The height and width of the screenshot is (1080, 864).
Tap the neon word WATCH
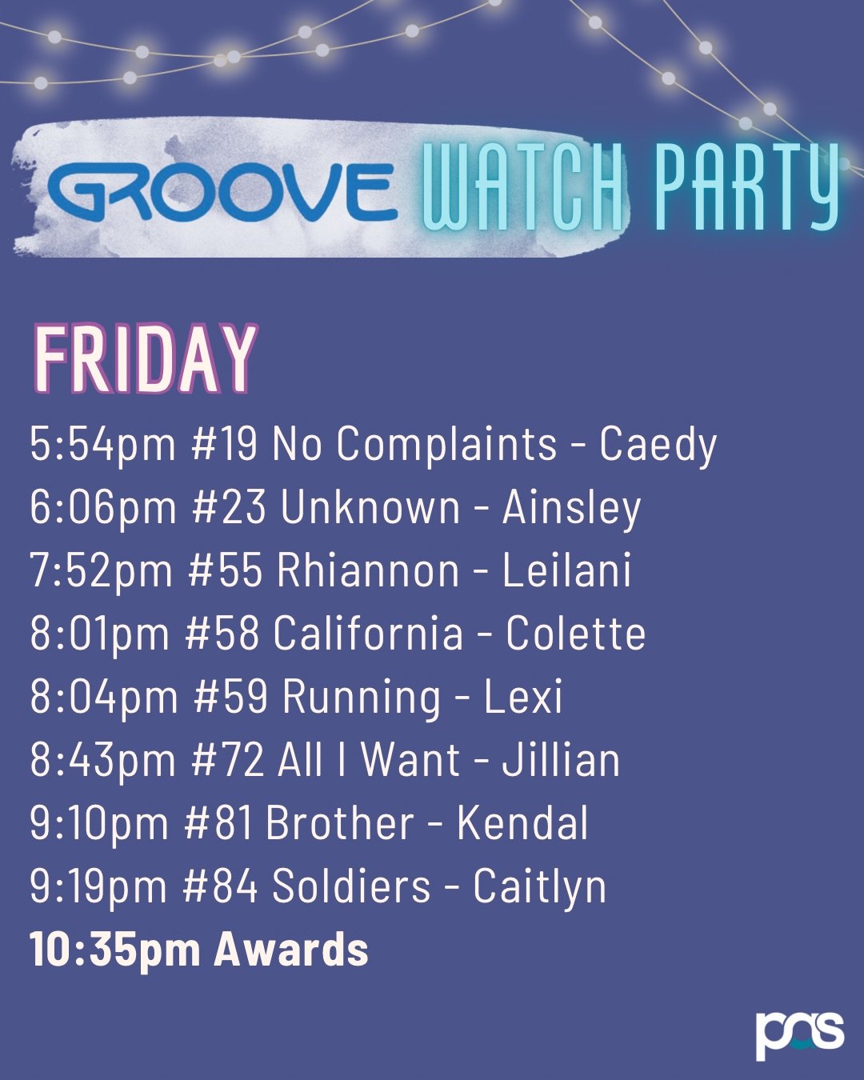point(523,189)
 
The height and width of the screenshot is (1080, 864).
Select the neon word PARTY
point(746,187)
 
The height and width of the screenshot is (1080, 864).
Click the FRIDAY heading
point(145,360)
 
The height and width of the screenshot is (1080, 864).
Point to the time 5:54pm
point(102,444)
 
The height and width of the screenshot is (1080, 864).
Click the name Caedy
point(658,444)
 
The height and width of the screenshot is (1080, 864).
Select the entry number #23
point(229,507)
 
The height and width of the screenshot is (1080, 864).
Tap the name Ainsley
point(571,507)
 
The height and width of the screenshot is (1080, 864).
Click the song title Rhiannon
point(368,570)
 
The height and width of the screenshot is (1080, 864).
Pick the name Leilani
point(566,570)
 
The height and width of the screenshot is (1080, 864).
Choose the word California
point(368,634)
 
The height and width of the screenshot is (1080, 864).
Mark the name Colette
point(575,634)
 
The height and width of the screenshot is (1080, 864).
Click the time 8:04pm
point(104,697)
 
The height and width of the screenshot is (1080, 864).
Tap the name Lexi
point(523,697)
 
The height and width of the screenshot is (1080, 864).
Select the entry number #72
point(228,760)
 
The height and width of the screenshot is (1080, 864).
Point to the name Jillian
point(561,760)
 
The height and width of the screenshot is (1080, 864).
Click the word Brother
point(340,823)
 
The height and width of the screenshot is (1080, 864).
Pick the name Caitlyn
point(539,886)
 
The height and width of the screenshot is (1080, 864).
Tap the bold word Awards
point(291,950)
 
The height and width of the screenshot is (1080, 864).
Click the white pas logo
point(799,1034)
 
